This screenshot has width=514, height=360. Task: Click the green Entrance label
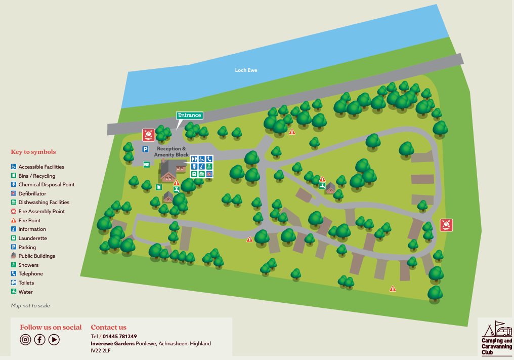point(189,115)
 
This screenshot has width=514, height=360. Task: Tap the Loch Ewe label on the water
point(246,70)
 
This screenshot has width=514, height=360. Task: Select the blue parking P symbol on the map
point(145,149)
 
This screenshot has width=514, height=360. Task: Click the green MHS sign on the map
point(147,164)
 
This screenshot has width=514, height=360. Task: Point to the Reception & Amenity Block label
point(171,151)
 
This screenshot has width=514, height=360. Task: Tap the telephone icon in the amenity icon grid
point(209,159)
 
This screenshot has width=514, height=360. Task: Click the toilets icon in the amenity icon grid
point(194,159)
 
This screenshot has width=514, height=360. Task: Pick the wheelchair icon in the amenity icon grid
point(201,159)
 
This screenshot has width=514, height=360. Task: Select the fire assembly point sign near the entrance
point(148,135)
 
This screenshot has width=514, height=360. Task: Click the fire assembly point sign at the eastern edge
point(446,225)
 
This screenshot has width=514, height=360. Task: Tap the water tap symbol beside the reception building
point(177,189)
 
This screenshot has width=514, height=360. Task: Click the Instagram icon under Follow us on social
point(26,340)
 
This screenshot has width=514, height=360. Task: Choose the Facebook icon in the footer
point(40,340)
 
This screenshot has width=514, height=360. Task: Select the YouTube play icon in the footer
point(54,340)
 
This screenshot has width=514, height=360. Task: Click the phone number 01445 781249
point(120,336)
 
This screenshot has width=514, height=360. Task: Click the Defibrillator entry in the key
point(32,193)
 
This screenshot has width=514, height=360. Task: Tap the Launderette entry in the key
point(32,238)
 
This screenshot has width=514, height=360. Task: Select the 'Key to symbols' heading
point(33,152)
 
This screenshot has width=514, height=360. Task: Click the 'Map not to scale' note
point(30,306)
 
